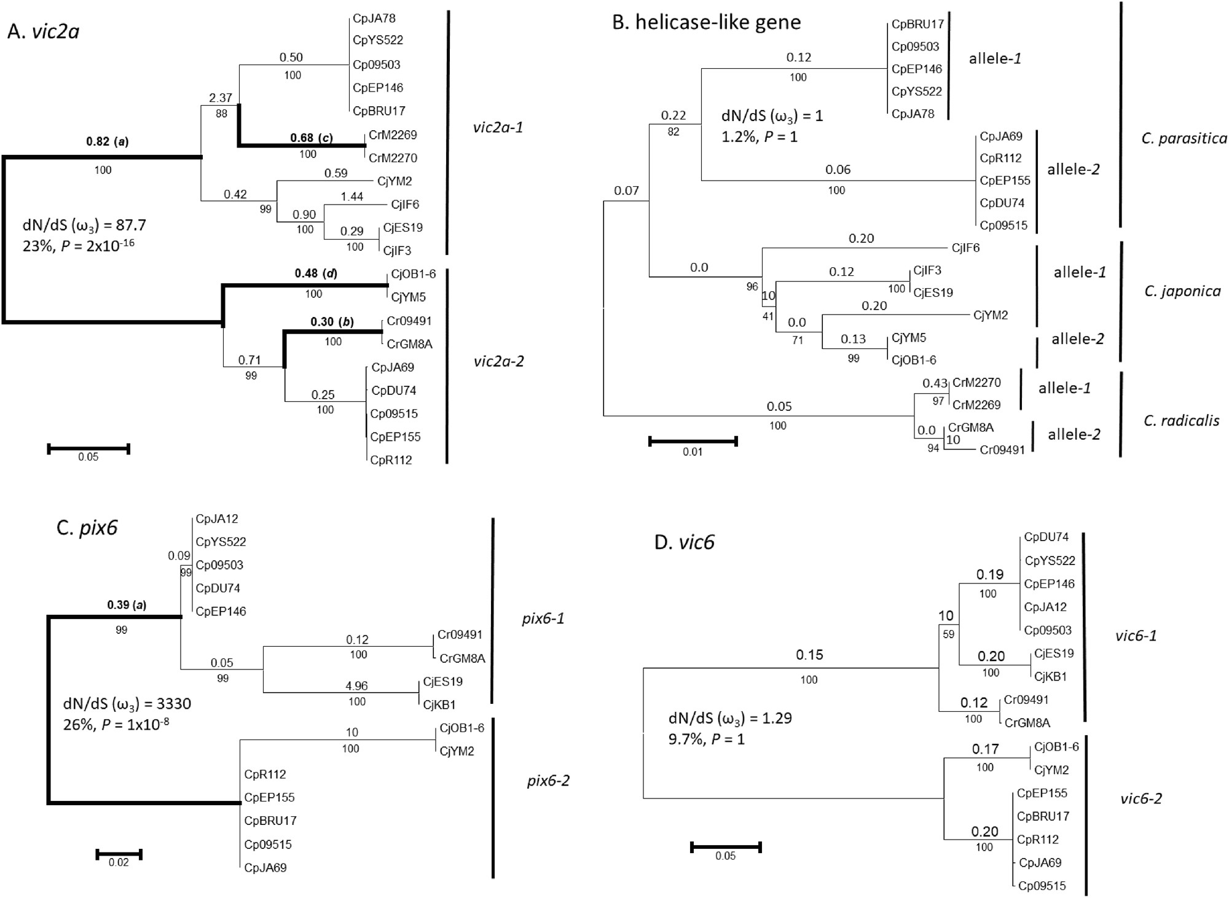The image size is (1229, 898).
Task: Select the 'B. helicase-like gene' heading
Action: [707, 22]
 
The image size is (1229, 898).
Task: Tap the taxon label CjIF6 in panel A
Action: [406, 205]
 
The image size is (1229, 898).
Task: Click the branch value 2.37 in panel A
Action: [221, 98]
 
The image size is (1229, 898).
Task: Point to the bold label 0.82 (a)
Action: [107, 142]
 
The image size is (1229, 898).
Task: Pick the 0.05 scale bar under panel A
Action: [88, 449]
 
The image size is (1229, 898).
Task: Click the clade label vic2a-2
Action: [498, 361]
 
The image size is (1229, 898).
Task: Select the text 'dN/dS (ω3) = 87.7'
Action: [84, 225]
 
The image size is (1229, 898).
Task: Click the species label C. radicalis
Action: [1182, 421]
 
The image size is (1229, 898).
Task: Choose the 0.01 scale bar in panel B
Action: [693, 441]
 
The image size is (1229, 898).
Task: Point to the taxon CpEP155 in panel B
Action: [1005, 181]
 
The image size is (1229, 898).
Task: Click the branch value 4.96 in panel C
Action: [357, 686]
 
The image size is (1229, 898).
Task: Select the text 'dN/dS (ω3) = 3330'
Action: [127, 704]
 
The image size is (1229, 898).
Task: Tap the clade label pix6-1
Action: [543, 619]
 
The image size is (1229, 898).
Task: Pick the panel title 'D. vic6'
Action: [684, 542]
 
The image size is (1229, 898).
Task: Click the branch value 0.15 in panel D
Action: [809, 655]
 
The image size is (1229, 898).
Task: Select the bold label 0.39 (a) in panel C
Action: [127, 605]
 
